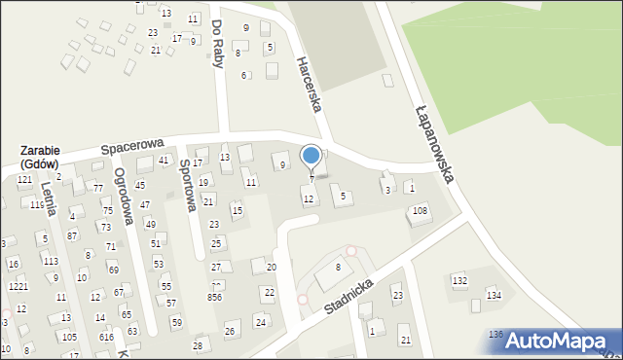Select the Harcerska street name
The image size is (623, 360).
(309, 85)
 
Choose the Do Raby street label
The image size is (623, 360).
(217, 42)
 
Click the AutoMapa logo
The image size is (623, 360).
(550, 341)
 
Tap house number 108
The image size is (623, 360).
(420, 210)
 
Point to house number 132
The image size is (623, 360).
(459, 280)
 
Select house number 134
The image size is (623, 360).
(494, 294)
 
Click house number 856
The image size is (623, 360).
(214, 298)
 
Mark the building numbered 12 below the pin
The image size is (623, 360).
(309, 198)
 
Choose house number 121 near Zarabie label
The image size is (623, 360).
(24, 180)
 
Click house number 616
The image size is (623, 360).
(106, 336)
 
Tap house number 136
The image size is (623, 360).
(495, 334)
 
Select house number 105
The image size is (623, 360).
(69, 337)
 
